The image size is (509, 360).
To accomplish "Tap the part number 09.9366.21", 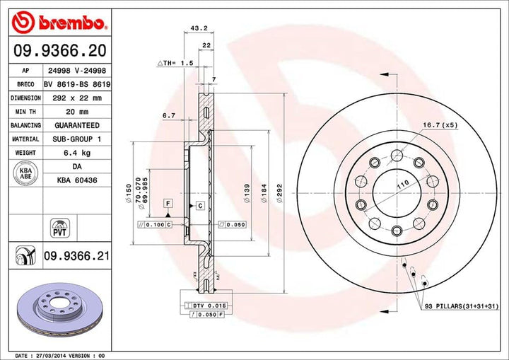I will click(x=76, y=255).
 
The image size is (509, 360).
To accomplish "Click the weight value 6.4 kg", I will click(x=77, y=152).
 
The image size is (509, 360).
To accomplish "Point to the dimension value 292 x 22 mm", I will click(x=77, y=98).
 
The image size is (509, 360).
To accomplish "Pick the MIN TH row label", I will click(x=25, y=112).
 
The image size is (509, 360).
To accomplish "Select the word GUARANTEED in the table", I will click(x=77, y=125).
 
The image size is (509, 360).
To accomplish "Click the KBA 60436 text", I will click(x=77, y=180).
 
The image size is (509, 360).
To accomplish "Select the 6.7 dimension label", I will click(x=168, y=115).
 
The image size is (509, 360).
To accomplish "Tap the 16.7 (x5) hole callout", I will click(x=440, y=125).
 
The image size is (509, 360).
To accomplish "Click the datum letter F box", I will click(x=168, y=204).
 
